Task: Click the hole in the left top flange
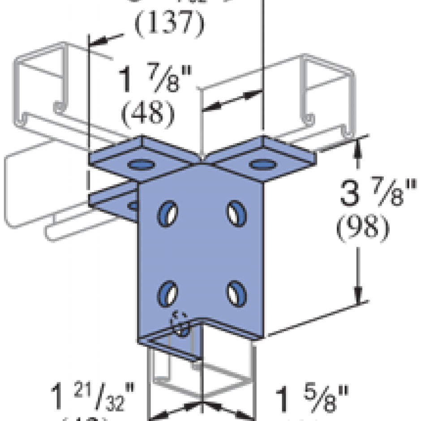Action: click(x=139, y=165)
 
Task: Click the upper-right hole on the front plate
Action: click(x=236, y=210)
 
